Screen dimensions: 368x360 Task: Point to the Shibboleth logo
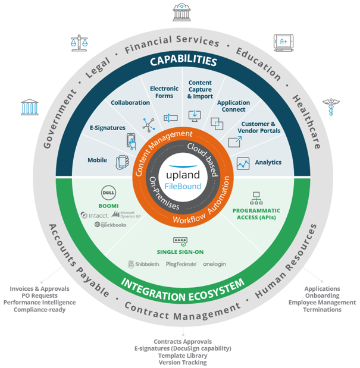click(143, 264)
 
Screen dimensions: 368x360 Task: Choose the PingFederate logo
click(181, 264)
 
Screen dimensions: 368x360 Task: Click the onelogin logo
click(214, 264)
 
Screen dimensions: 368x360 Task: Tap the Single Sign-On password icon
click(180, 241)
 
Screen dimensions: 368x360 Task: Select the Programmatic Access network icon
click(256, 198)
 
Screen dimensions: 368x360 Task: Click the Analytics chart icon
click(243, 163)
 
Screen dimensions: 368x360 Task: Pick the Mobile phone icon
click(123, 162)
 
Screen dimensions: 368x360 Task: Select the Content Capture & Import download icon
click(194, 115)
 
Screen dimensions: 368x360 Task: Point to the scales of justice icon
click(76, 43)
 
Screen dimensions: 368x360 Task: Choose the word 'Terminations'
click(322, 310)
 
